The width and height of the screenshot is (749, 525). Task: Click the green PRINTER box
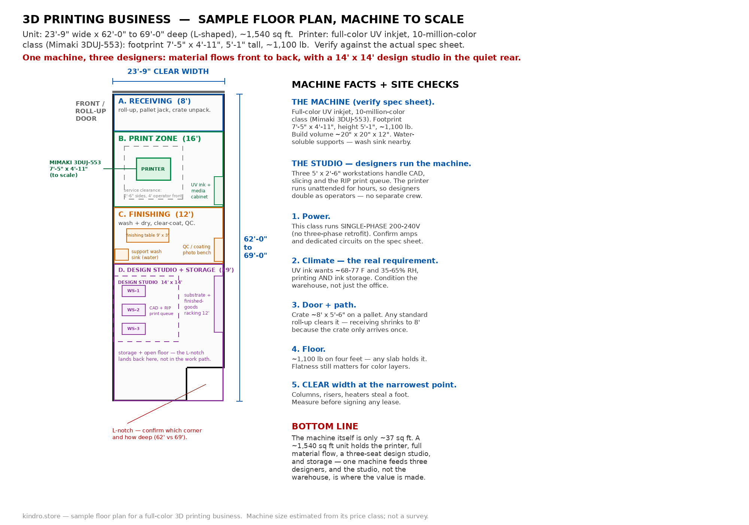153,169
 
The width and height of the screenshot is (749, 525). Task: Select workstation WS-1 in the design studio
134,291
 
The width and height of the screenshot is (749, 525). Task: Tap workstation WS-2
134,310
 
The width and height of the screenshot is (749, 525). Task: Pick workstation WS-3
134,329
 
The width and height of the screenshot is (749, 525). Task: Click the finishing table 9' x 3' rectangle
148,235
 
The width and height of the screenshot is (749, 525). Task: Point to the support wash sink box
122,255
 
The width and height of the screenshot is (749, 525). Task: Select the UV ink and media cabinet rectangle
219,191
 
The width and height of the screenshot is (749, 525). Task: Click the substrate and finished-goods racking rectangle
219,304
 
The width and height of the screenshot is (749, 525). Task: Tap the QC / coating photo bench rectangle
219,250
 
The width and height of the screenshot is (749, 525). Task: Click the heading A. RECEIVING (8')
155,101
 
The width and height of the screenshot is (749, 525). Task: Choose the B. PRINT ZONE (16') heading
160,139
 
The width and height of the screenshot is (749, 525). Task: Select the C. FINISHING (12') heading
156,214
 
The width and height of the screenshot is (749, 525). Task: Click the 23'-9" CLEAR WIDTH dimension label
168,72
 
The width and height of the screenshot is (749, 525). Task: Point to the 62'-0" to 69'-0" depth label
255,247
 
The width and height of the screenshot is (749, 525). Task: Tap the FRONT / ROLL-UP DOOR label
91,111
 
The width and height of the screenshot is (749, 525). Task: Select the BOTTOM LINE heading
325,427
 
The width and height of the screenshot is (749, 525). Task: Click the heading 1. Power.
311,217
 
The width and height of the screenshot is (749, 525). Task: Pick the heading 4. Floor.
309,349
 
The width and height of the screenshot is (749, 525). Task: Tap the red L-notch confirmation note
157,434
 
